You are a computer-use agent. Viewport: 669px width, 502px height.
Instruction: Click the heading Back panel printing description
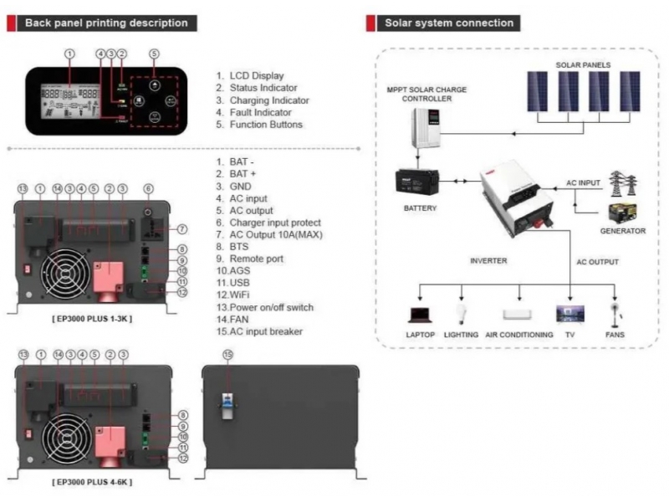pos(106,23)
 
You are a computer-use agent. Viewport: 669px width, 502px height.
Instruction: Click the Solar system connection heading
pos(449,23)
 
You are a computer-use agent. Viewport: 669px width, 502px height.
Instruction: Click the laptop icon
pos(420,315)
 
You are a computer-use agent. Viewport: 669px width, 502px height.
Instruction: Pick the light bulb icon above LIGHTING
pos(460,314)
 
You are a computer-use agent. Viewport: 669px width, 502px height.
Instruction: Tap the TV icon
pos(570,315)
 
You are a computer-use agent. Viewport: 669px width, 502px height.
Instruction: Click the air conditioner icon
pos(518,315)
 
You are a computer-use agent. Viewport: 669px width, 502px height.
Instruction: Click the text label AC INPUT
pos(585,182)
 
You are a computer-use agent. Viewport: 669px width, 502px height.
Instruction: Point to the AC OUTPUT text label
pos(597,262)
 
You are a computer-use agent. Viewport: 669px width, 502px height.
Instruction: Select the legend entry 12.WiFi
pos(242,295)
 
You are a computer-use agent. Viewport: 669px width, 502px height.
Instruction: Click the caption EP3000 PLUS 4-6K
pos(91,482)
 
